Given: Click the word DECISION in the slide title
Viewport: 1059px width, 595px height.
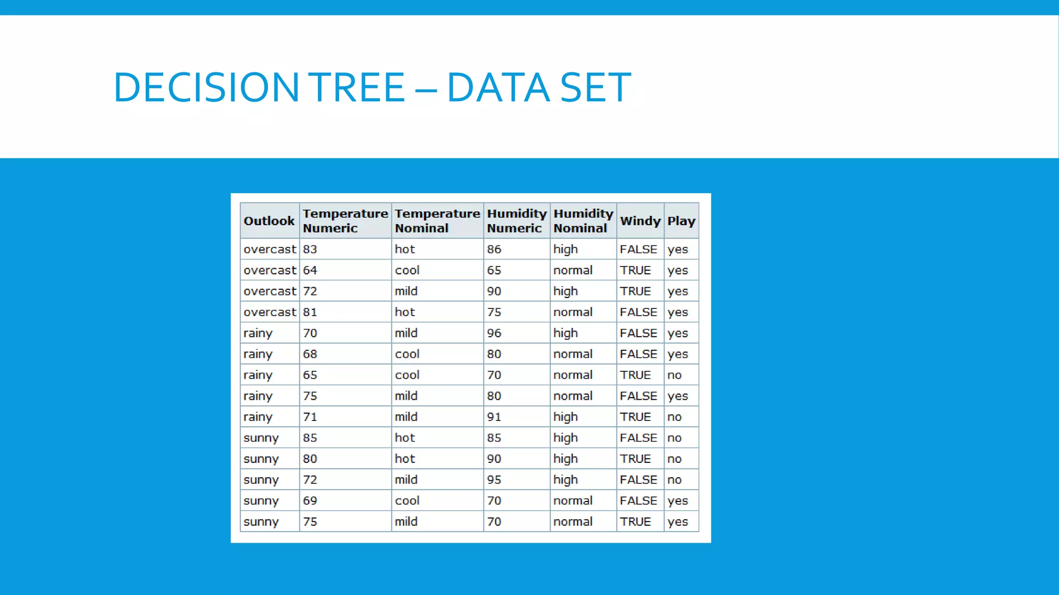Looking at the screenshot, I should point(206,87).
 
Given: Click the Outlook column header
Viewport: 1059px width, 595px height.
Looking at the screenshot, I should point(269,221).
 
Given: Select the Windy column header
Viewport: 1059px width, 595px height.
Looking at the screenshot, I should point(640,221).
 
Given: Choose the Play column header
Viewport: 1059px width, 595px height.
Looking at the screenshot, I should point(681,221).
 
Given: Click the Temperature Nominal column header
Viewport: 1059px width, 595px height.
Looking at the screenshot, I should point(437,221).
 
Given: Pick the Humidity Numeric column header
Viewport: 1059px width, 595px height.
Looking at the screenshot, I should point(517,221).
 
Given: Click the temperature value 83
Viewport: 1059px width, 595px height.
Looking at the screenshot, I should point(310,249).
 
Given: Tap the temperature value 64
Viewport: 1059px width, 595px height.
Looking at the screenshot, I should point(310,270).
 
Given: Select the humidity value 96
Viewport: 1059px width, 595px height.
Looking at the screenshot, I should point(494,333).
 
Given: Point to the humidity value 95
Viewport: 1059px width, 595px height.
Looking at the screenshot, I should point(494,480).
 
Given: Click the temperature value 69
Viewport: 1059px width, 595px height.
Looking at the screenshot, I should point(310,500).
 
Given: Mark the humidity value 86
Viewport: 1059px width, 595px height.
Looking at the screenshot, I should point(494,249).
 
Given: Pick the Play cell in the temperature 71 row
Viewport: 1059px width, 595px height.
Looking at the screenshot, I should point(674,417).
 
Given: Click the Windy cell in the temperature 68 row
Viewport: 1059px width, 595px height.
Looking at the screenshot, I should point(639,354).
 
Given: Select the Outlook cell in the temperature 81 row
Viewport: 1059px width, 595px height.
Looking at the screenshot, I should point(270,312).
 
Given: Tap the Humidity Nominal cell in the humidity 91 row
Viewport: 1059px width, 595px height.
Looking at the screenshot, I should point(566,417).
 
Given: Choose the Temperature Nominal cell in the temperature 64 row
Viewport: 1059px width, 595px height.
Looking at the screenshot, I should point(407,270).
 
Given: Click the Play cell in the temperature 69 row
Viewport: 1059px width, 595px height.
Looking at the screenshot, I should point(677,500).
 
